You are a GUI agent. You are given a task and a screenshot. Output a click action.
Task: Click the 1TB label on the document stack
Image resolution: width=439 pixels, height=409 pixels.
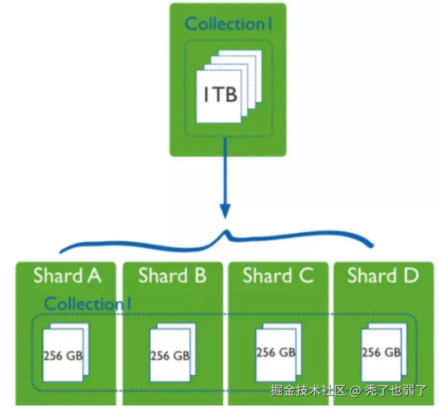(221, 95)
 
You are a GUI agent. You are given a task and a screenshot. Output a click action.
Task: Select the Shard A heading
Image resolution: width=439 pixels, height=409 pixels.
(67, 276)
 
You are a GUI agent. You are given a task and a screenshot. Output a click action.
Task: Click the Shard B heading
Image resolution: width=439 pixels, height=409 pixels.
(172, 276)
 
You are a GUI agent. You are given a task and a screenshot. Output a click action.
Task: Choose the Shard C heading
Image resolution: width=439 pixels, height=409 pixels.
(278, 276)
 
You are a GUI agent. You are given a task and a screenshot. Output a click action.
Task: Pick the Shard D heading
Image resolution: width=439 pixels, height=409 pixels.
(383, 276)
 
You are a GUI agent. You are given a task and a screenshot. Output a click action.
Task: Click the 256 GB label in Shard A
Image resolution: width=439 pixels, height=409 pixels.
(63, 356)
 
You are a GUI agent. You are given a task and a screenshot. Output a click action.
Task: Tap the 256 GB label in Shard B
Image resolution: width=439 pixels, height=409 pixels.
(170, 356)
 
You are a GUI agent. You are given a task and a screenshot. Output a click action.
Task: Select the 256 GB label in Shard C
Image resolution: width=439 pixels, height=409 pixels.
(276, 352)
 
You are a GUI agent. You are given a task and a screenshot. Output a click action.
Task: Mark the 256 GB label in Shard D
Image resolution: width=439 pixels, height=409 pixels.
(381, 352)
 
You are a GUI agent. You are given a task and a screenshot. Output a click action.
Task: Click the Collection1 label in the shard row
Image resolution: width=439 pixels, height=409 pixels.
(88, 304)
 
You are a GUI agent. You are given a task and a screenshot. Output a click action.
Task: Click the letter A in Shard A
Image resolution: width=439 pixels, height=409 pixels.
(94, 276)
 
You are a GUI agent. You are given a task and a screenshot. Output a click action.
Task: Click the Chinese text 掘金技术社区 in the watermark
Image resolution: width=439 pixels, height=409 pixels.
(308, 390)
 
